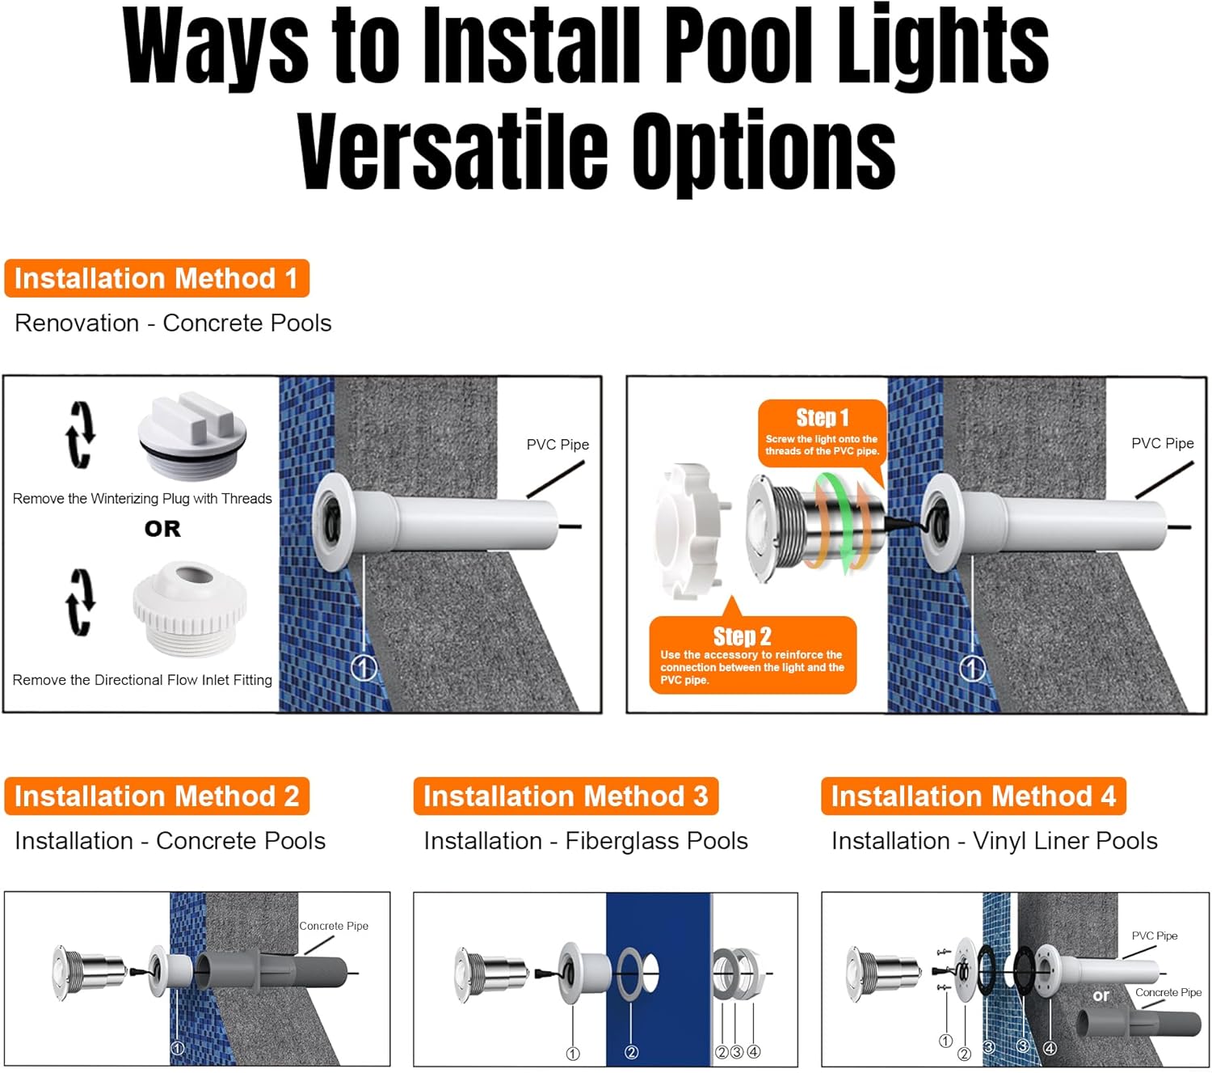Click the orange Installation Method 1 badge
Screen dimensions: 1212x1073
pyautogui.click(x=157, y=278)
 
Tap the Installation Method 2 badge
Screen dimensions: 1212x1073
pyautogui.click(x=157, y=796)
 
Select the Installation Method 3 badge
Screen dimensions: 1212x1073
pyautogui.click(x=566, y=796)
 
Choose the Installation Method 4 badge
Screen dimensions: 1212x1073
pyautogui.click(x=974, y=796)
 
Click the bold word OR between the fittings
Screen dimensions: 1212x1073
pyautogui.click(x=162, y=529)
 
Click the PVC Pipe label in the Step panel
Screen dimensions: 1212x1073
pyautogui.click(x=1162, y=444)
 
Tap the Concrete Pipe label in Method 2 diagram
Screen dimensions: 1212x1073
pyautogui.click(x=333, y=926)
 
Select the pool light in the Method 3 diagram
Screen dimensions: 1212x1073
pyautogui.click(x=490, y=974)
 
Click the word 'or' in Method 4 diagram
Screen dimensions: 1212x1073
pyautogui.click(x=1100, y=995)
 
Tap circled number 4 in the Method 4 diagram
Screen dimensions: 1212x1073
pyautogui.click(x=1050, y=1047)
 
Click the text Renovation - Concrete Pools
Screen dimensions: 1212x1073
pyautogui.click(x=173, y=323)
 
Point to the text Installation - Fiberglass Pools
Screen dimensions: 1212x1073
pyautogui.click(x=586, y=841)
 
